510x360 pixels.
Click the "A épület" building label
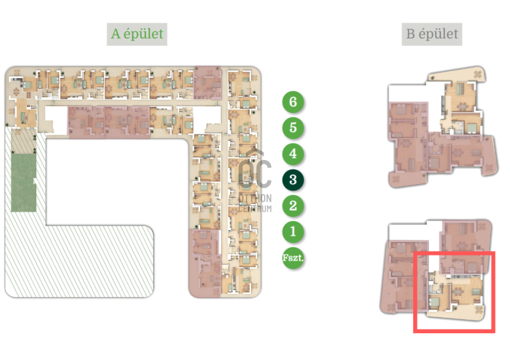[x=137, y=34]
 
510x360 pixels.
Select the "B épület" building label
[x=432, y=34]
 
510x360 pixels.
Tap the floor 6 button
[x=293, y=102]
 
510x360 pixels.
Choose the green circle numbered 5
[x=293, y=128]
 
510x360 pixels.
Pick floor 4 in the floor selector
[x=293, y=154]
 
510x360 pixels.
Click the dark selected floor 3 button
[x=293, y=180]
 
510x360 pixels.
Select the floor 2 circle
[x=293, y=206]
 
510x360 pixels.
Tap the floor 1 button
[x=293, y=232]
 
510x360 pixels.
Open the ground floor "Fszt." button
[x=293, y=258]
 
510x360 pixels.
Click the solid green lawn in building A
[x=24, y=182]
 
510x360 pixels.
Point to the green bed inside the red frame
[x=434, y=303]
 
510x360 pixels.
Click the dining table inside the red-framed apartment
[x=458, y=291]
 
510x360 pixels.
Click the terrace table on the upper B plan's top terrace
[x=477, y=75]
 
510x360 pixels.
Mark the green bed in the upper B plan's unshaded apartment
[x=471, y=128]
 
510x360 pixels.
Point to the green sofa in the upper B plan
[x=460, y=89]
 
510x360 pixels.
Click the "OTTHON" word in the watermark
[x=255, y=198]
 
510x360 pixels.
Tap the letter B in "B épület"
[x=411, y=34]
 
